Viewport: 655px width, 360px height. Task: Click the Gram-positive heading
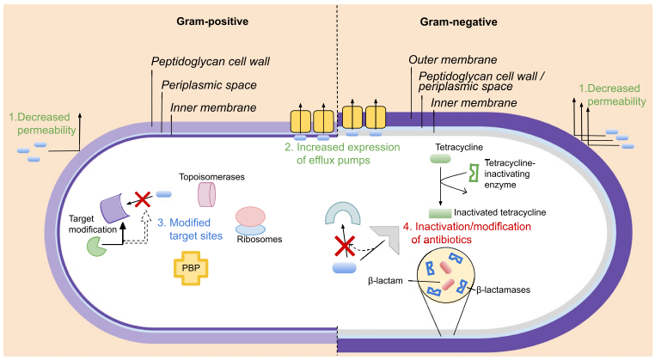tap(212, 21)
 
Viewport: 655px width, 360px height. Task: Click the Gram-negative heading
tap(458, 21)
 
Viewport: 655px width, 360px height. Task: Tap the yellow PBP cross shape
tap(191, 268)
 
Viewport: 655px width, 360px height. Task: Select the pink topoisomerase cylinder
tap(206, 194)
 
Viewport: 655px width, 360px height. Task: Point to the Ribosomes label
tap(260, 240)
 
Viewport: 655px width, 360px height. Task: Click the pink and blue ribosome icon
tap(250, 221)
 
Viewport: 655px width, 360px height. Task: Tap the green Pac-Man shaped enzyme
tap(97, 246)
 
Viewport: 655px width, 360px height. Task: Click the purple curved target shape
tap(115, 208)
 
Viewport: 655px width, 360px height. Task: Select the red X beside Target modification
tap(143, 199)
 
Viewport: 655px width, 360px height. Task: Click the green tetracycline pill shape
tap(440, 158)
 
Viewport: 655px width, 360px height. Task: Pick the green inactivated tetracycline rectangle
tap(440, 213)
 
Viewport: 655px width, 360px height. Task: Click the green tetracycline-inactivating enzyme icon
tap(474, 173)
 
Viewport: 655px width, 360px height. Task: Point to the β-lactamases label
tap(504, 290)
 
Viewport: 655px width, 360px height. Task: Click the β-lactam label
tap(385, 281)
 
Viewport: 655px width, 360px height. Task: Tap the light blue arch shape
tap(342, 211)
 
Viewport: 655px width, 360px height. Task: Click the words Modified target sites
tap(190, 229)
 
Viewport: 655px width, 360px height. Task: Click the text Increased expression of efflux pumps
tap(342, 153)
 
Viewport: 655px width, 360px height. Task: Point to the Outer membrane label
tap(453, 60)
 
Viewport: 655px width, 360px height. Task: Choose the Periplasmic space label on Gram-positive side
tap(209, 85)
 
